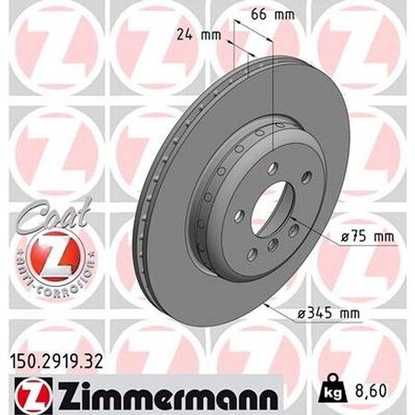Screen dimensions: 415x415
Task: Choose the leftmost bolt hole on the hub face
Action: (x=238, y=215)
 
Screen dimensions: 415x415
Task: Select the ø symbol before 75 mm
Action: (x=343, y=239)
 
